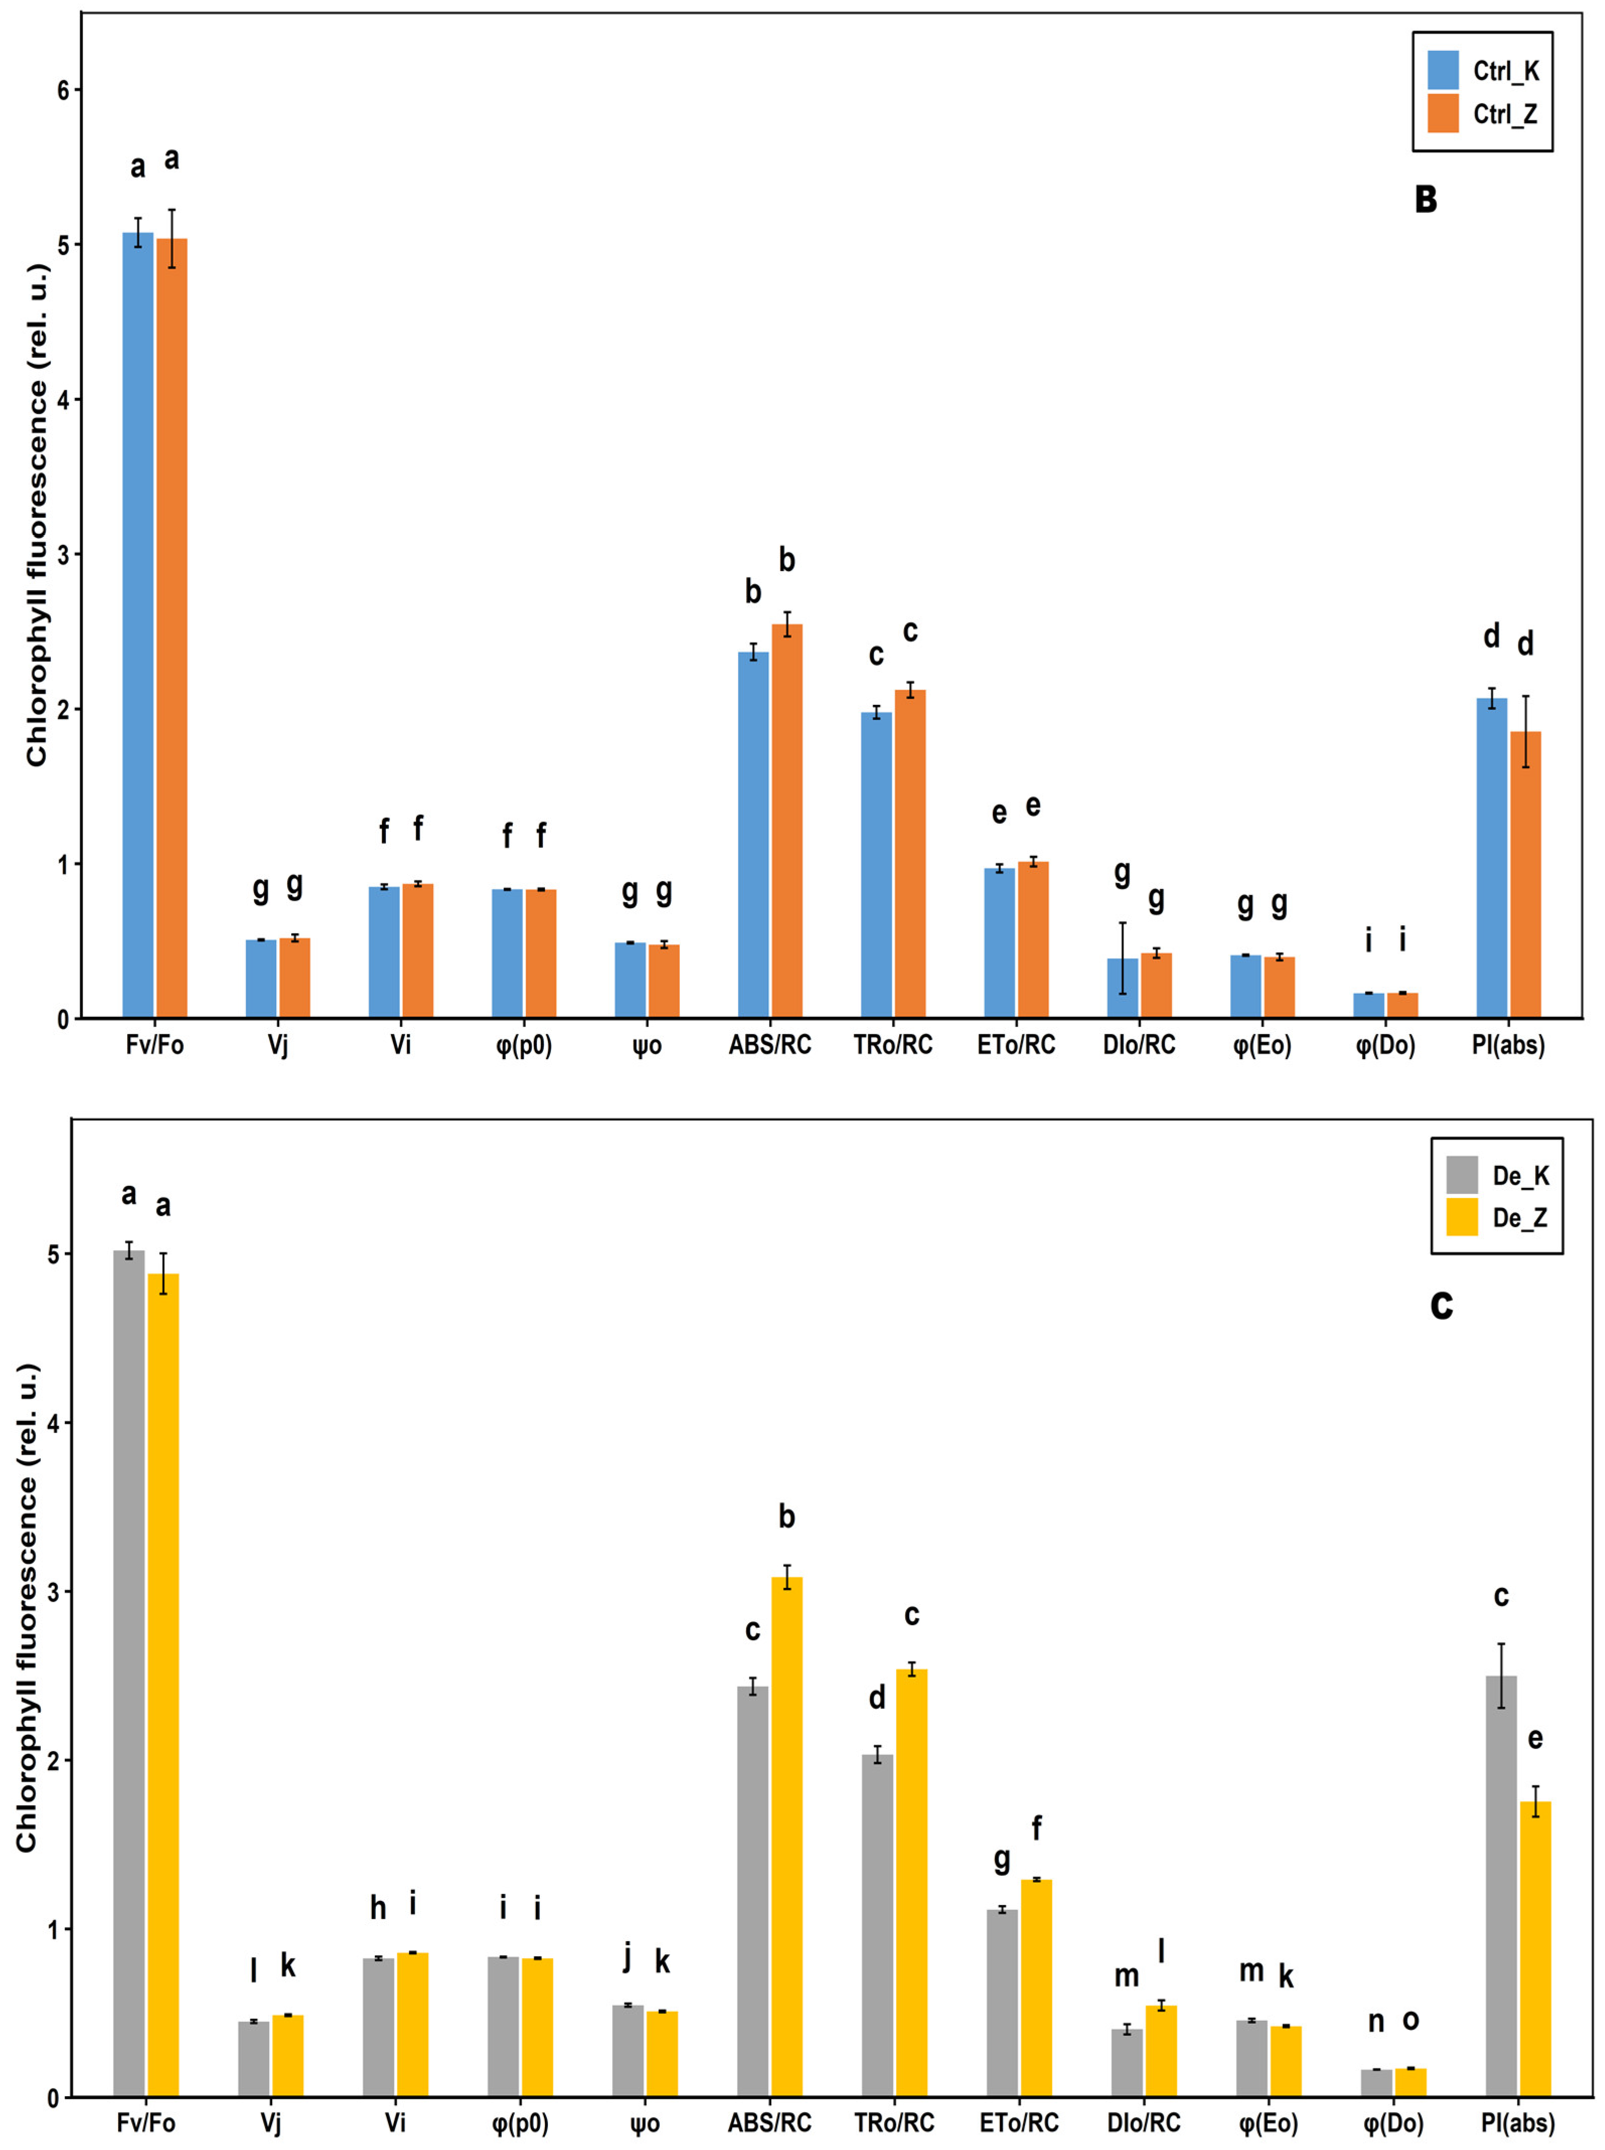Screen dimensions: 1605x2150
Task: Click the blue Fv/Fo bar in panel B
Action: coord(138,625)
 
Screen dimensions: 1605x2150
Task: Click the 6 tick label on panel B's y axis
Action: coord(64,91)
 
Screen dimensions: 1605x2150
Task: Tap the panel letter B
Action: coord(1425,199)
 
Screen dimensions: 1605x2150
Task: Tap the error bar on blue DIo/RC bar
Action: coord(1122,958)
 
